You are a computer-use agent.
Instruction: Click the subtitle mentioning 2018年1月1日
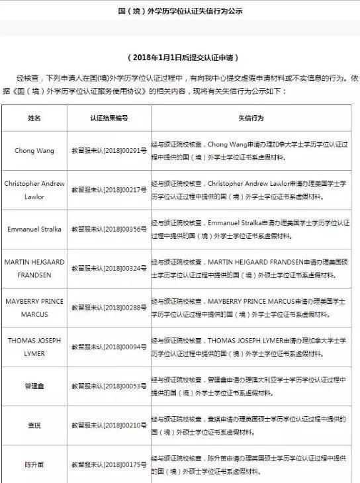coord(181,58)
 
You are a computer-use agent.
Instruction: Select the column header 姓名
coord(34,118)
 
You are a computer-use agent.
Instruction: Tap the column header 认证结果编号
coord(109,118)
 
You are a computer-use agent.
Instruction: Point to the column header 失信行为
coord(251,118)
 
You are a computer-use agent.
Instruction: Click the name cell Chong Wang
coord(34,151)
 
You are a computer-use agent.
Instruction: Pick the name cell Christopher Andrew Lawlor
coord(34,190)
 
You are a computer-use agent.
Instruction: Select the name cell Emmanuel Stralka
coord(34,230)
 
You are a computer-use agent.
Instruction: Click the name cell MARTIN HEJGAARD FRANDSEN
coord(34,268)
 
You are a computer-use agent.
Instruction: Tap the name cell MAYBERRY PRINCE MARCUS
coord(34,307)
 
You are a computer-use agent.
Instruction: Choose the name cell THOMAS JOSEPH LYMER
coord(34,347)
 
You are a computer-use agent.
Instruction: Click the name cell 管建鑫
coord(34,386)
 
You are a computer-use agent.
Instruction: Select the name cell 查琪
coord(34,425)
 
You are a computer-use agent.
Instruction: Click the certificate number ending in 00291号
coord(109,151)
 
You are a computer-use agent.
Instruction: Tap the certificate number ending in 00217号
coord(109,191)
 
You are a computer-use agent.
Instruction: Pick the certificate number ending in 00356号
coord(109,230)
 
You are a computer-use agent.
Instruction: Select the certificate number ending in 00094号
coord(109,347)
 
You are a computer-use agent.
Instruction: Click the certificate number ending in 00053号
coord(109,386)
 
